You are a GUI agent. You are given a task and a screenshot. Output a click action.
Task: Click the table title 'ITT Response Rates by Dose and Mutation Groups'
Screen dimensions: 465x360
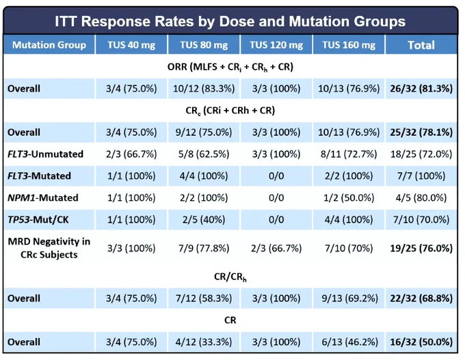230,21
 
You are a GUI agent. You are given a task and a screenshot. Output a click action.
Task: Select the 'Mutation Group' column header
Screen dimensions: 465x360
49,45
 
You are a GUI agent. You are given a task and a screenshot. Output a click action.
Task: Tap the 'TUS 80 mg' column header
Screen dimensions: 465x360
204,45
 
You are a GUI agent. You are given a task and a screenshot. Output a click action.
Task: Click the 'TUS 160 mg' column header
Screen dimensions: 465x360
349,45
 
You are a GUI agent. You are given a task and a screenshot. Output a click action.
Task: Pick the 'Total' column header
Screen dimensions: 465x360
421,45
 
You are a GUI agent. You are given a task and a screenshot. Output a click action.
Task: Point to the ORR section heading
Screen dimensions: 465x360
230,67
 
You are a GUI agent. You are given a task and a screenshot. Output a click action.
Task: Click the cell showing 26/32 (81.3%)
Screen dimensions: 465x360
421,89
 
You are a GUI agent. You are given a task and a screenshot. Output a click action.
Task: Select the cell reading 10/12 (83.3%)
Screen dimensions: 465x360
204,89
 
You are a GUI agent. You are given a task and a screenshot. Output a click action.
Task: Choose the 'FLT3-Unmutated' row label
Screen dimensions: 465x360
45,154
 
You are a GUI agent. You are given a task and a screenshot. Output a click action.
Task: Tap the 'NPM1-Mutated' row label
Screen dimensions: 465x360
43,197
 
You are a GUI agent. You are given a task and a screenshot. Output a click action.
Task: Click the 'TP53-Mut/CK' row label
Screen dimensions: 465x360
38,219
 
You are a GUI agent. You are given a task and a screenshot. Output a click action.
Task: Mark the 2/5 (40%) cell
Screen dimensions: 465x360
204,219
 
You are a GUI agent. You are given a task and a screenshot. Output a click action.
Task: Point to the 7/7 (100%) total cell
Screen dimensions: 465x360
421,176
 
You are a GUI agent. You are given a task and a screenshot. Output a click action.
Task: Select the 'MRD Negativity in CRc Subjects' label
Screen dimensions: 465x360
49,248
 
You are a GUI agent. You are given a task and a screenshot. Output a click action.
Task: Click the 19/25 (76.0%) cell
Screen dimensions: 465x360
421,248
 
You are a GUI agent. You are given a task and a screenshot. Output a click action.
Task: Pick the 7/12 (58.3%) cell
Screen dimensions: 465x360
204,299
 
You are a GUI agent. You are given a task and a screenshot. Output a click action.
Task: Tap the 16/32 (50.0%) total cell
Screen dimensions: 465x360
421,342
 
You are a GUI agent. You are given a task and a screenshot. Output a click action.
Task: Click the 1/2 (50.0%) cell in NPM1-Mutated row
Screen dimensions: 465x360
349,198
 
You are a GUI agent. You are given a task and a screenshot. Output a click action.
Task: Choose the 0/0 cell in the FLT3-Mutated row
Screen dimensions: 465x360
276,176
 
